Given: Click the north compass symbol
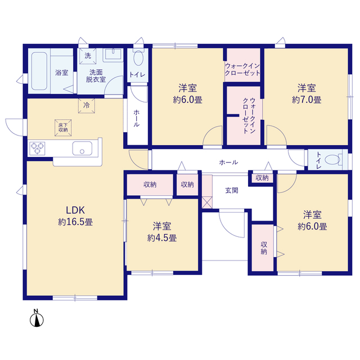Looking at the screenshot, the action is pos(37,318).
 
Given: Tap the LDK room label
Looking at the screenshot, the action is pos(75,210).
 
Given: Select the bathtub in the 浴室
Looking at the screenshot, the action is pos(39,71).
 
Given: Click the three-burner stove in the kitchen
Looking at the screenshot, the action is pos(37,148).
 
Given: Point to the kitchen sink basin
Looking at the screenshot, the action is pos(82,148).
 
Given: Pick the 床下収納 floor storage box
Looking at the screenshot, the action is pos(63,128).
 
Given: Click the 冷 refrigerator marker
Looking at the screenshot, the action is pos(87,106).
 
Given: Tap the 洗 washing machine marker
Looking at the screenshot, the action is pos(88,56).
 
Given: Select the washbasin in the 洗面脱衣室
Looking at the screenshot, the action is pos(113,55).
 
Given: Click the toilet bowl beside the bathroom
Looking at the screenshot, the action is pos(138,57).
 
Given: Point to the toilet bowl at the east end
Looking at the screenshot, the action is pos(334,159).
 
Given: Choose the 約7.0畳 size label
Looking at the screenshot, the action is pos(307,100).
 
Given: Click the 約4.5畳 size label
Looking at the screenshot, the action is pos(162,238).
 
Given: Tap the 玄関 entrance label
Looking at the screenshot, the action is pos(231,190).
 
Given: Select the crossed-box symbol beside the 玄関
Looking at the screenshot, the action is pos(207,202).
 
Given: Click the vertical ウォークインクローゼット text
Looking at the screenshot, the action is pos(249,116).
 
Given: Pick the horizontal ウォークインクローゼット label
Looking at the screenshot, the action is pos(242,70).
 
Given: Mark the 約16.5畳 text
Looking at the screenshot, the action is pos(75,222).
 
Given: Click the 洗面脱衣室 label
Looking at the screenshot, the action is pos(96,76).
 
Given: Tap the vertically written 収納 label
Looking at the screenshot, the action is pos(264,248).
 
